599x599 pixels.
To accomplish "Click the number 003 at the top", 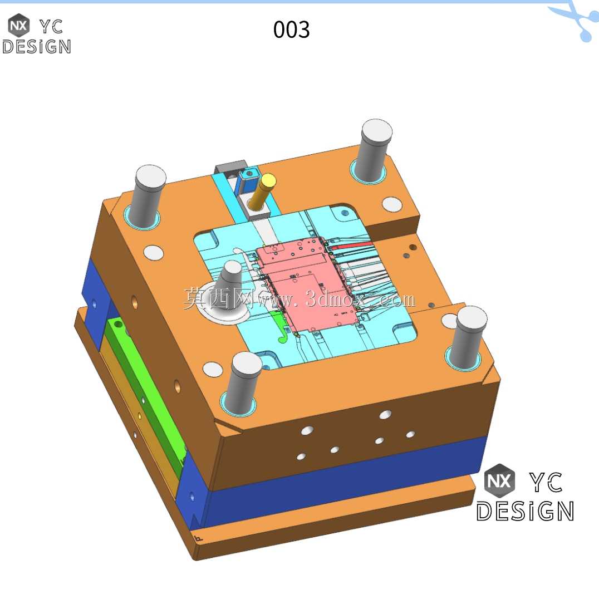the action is point(291,30).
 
